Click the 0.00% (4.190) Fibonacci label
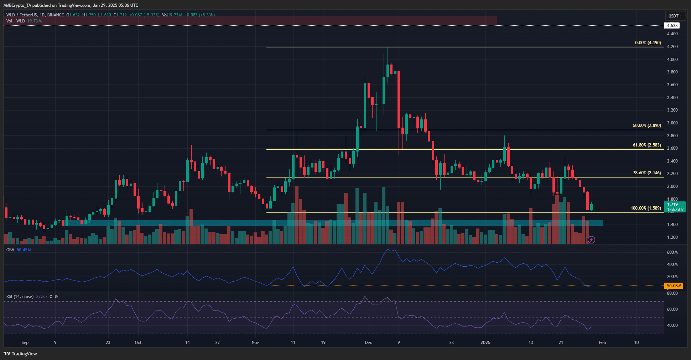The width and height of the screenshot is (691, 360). tap(648, 43)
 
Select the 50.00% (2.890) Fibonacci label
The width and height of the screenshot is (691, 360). tap(646, 125)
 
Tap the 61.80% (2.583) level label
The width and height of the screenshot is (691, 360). tap(646, 145)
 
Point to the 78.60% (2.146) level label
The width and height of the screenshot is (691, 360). tap(646, 173)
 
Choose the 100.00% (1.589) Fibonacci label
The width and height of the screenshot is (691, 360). tap(645, 208)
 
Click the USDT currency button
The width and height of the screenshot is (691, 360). tap(673, 16)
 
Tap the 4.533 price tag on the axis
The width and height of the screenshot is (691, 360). tap(672, 26)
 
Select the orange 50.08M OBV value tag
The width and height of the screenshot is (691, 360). tap(674, 286)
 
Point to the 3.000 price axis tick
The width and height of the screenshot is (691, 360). tap(672, 123)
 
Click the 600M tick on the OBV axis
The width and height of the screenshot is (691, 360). tap(672, 252)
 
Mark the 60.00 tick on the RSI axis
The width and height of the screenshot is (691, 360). tap(672, 309)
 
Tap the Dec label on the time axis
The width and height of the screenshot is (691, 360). tap(368, 343)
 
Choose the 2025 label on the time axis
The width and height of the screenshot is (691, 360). tap(485, 343)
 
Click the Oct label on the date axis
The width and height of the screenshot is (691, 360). tap(138, 343)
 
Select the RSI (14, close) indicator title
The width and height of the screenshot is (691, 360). tap(20, 297)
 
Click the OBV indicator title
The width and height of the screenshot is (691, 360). tap(10, 250)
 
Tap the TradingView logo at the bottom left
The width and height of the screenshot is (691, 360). tap(20, 354)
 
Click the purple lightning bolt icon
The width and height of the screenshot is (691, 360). tap(591, 240)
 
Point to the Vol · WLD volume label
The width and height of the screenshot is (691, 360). tap(16, 21)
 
